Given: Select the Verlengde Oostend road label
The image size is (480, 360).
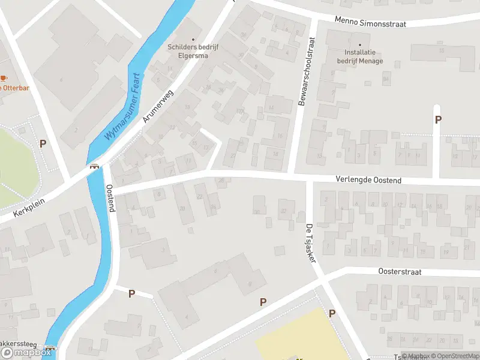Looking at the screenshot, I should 368,180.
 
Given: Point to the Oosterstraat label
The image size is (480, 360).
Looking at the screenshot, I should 400,272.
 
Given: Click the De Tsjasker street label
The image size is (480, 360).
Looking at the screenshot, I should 310,241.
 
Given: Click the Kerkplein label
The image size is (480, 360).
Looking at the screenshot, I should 29,207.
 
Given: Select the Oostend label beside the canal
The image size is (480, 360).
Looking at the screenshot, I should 110,198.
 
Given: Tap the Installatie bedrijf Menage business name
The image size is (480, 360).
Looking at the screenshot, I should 359,57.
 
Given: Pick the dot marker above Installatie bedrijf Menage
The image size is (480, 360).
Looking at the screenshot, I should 360,44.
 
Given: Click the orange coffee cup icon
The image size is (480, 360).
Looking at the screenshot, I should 4,78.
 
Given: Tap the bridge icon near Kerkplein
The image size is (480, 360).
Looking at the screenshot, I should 94,167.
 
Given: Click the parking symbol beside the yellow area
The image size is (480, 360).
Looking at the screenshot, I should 332,313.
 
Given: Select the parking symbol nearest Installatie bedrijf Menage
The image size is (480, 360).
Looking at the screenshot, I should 437,119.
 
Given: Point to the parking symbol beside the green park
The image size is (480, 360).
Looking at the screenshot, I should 43,143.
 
